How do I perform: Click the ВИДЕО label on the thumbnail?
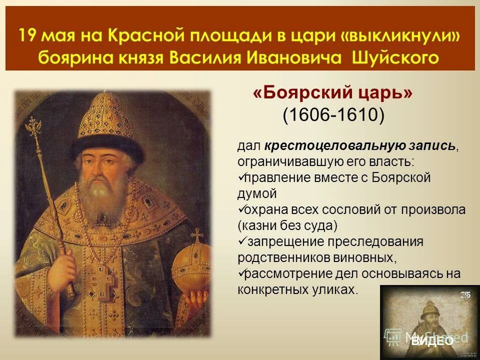point(432,341)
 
